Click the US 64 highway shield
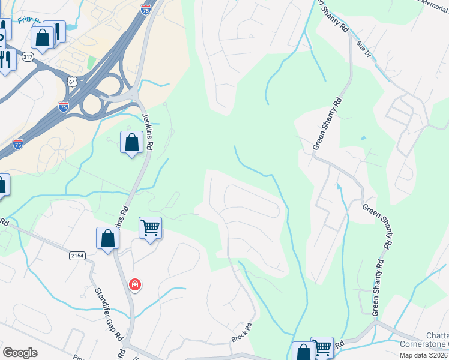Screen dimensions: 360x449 (72, 81)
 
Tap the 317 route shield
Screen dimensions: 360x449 (28, 57)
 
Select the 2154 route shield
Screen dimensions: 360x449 (77, 256)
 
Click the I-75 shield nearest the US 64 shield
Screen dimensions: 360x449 (64, 106)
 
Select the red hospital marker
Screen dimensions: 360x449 (135, 284)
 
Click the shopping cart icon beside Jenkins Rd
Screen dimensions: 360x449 (150, 227)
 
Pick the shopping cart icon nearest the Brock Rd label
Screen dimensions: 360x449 (322, 346)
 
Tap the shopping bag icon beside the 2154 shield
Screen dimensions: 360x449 (107, 238)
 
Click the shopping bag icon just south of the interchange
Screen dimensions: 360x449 (132, 142)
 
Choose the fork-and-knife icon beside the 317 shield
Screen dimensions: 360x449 (7, 59)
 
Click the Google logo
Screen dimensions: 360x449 (20, 352)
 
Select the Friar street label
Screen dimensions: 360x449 (29, 20)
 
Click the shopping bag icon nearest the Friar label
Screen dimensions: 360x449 (43, 38)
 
